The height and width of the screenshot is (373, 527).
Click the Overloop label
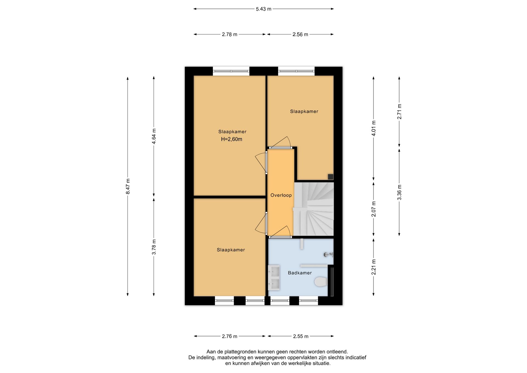pyautogui.click(x=281, y=195)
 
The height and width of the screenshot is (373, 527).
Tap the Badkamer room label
pyautogui.click(x=300, y=273)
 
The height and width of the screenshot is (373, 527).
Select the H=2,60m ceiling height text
pyautogui.click(x=232, y=139)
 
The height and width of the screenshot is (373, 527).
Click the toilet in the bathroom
pyautogui.click(x=321, y=282)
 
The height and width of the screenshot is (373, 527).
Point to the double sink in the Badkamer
pyautogui.click(x=274, y=278)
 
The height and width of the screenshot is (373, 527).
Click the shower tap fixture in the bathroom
pyautogui.click(x=328, y=255)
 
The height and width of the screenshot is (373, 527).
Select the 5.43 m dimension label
pyautogui.click(x=263, y=9)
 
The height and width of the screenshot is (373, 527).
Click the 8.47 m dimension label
pyautogui.click(x=128, y=186)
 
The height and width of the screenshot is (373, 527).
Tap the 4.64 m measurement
pyautogui.click(x=154, y=136)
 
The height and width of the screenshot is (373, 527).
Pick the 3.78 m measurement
pyautogui.click(x=154, y=247)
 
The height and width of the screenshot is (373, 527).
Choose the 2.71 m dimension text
pyautogui.click(x=399, y=112)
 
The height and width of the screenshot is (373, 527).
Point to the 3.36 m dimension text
pyautogui.click(x=399, y=192)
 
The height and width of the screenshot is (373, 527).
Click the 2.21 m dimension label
pyautogui.click(x=374, y=267)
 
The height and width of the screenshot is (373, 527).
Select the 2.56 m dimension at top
pyautogui.click(x=300, y=35)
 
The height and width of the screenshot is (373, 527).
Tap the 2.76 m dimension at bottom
pyautogui.click(x=230, y=336)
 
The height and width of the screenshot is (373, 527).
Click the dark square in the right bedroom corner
pyautogui.click(x=331, y=177)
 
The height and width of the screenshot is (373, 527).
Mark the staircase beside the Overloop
pyautogui.click(x=314, y=209)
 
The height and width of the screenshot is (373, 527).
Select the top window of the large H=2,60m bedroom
pyautogui.click(x=231, y=71)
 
